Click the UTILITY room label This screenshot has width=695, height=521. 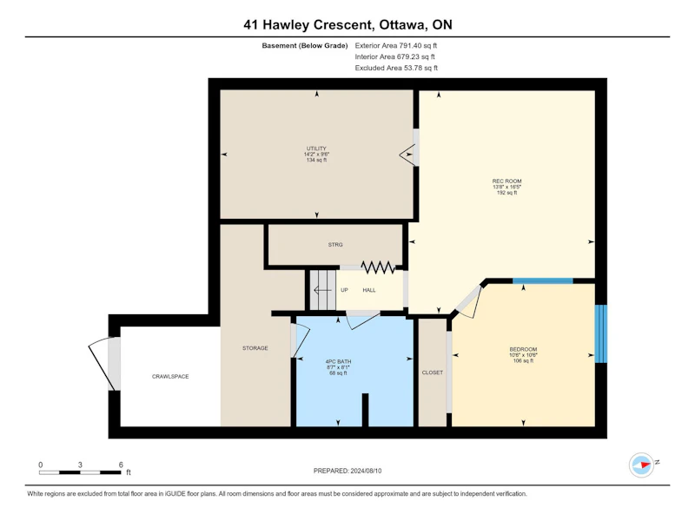coord(316,148)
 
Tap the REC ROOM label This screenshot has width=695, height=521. coord(506,181)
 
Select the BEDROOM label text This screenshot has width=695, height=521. coord(523,350)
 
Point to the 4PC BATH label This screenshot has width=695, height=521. coord(338,361)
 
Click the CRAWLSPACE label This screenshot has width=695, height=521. coord(170,377)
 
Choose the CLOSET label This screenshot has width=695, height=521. coord(432,373)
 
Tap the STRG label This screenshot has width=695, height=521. coord(335,245)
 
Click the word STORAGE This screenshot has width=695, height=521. coord(255,348)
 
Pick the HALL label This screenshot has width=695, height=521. coord(368,290)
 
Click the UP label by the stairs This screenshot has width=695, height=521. coord(344,290)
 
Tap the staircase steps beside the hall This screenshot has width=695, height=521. coord(322,290)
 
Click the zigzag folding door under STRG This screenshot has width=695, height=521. coord(378,267)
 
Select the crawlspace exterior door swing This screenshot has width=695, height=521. coord(103,364)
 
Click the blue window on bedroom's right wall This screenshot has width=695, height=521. coord(600,333)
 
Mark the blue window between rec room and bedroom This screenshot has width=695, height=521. coord(542,280)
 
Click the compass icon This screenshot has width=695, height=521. coord(641,465)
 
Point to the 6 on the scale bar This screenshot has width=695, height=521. coord(121,465)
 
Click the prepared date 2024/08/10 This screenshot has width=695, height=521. coord(366,471)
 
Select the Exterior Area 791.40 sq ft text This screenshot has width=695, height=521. coord(396,45)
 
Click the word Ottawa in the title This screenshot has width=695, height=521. coord(402,24)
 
